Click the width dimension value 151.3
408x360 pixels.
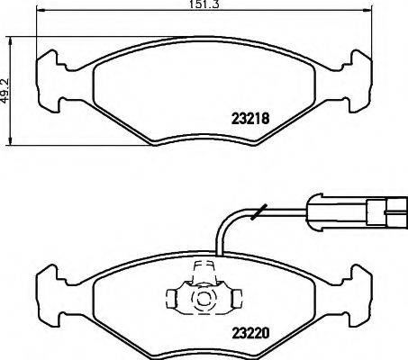point(204,4)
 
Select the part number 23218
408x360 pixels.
point(240,117)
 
